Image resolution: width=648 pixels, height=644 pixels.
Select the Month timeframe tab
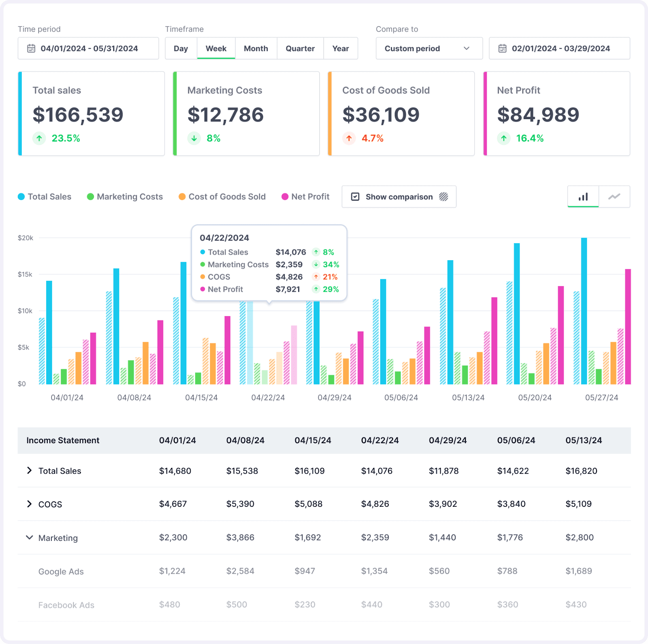[256, 49]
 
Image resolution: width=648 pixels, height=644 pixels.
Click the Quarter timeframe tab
[300, 49]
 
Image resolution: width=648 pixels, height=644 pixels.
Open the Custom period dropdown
[429, 49]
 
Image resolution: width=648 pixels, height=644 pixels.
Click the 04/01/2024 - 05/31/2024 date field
[88, 49]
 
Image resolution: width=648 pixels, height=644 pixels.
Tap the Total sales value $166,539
[78, 115]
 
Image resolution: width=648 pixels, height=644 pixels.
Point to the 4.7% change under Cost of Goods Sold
[372, 138]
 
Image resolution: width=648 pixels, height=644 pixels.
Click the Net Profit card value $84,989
[538, 115]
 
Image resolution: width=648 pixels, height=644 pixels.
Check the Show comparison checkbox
[355, 197]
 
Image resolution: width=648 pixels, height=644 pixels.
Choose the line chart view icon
[614, 197]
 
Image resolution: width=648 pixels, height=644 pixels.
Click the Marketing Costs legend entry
[125, 197]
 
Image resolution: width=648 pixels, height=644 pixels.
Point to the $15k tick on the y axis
[25, 274]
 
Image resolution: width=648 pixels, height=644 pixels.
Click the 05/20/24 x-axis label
[535, 397]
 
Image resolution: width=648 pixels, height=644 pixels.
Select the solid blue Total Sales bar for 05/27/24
[584, 311]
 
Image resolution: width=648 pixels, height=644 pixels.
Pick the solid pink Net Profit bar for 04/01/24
[93, 358]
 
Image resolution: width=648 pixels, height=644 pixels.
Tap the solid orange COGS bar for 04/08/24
[145, 363]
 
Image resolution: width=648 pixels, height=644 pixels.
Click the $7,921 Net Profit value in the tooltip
[288, 289]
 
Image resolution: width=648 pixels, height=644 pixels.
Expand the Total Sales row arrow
[29, 470]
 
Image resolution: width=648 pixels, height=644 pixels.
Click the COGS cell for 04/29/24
[443, 504]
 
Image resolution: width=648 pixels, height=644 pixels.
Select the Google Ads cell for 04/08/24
[240, 571]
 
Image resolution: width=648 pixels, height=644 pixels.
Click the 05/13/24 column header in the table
[584, 440]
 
